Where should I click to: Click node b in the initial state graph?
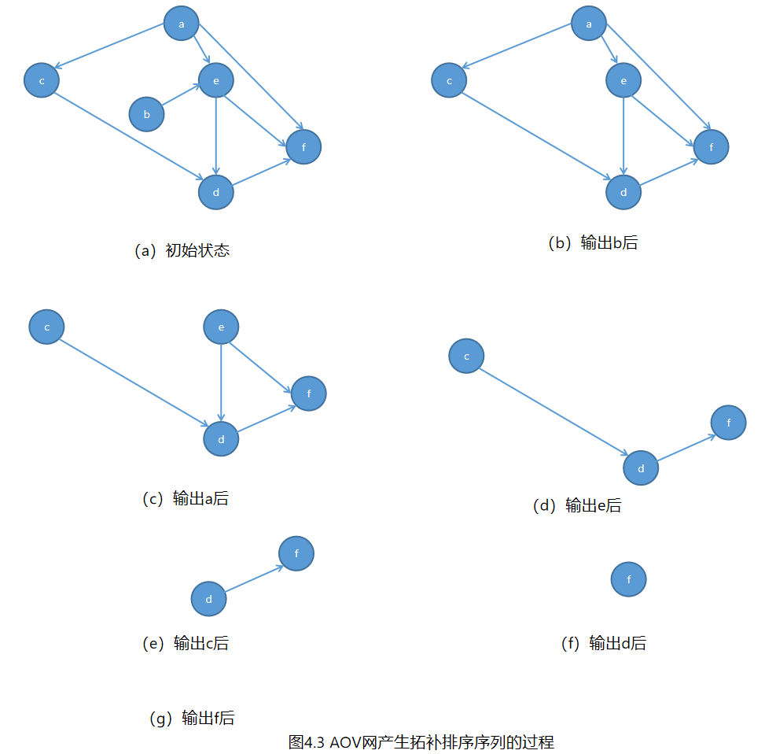point(146,114)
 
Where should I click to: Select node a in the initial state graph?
point(182,24)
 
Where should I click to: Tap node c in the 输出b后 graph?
point(449,80)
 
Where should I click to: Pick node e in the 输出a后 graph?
point(221,327)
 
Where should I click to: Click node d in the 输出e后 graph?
point(641,469)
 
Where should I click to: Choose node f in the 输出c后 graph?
point(296,553)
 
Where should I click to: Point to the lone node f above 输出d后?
point(629,579)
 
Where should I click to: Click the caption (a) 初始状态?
point(182,251)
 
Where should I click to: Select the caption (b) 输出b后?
point(592,243)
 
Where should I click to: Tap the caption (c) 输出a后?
point(186,498)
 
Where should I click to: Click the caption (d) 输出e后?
point(577,505)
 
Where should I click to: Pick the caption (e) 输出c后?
point(186,643)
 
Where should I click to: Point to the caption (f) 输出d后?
point(603,643)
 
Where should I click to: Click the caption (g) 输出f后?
point(191,718)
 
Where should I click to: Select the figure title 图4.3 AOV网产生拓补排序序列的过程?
point(421,741)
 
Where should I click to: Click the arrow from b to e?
point(182,97)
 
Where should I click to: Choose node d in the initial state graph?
point(216,192)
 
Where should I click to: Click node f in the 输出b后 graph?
point(712,147)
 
